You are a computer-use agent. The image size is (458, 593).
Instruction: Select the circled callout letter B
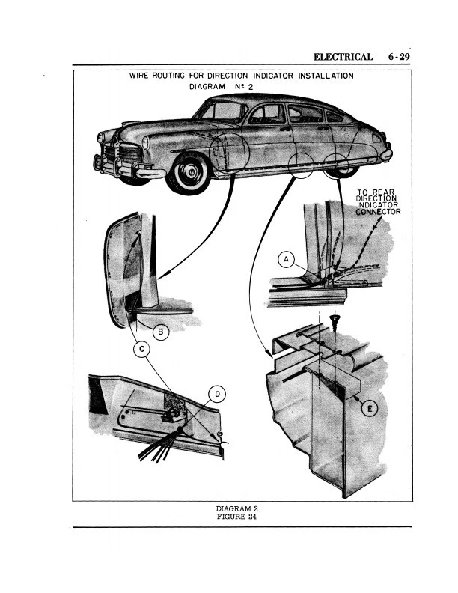coord(160,330)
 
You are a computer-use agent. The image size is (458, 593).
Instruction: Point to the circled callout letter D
coord(217,394)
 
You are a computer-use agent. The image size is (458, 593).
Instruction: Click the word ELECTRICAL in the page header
coord(343,57)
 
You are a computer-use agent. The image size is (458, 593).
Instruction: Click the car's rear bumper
coord(386,155)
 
